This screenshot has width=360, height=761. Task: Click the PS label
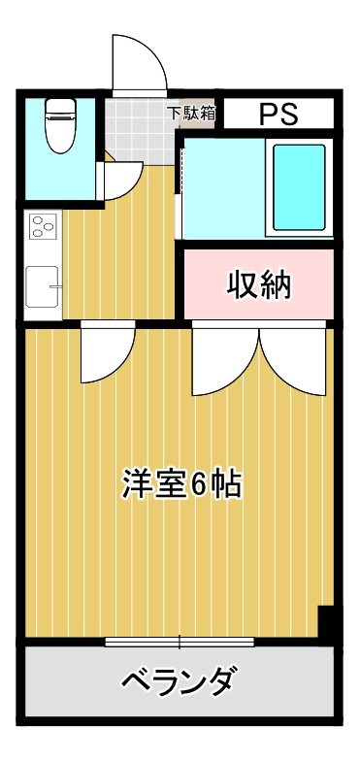click(x=278, y=114)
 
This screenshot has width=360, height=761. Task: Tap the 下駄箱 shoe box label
click(x=192, y=113)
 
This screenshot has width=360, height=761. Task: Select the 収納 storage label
click(x=259, y=285)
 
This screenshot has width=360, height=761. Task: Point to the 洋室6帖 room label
click(x=181, y=483)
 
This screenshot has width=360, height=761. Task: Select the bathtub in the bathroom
click(x=298, y=187)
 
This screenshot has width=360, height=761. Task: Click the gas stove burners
click(x=43, y=229)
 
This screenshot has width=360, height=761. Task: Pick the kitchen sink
click(x=42, y=287)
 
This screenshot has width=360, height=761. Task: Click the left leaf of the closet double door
click(x=225, y=359)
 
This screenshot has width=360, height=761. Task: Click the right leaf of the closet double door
click(x=290, y=359)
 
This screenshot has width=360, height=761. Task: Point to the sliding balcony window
click(x=180, y=641)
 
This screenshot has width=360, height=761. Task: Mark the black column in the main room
click(x=327, y=623)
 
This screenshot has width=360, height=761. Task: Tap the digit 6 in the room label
click(x=197, y=483)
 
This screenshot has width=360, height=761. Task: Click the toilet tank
click(x=60, y=107)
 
